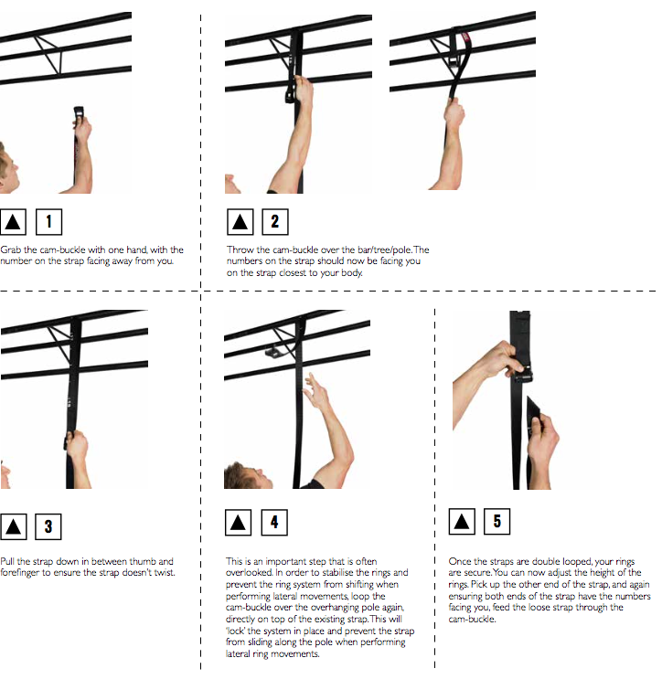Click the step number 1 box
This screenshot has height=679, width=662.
[48, 221]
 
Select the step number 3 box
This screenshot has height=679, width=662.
[48, 526]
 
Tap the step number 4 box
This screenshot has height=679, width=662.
[273, 523]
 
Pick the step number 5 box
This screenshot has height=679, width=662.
[496, 522]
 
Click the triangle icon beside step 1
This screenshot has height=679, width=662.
[13, 221]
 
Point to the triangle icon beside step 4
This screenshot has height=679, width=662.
[238, 523]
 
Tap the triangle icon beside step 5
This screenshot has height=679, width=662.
[462, 522]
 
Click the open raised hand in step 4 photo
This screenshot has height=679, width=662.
[317, 390]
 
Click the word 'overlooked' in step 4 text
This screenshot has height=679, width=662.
[248, 573]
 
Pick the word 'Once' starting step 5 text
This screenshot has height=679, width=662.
[459, 562]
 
